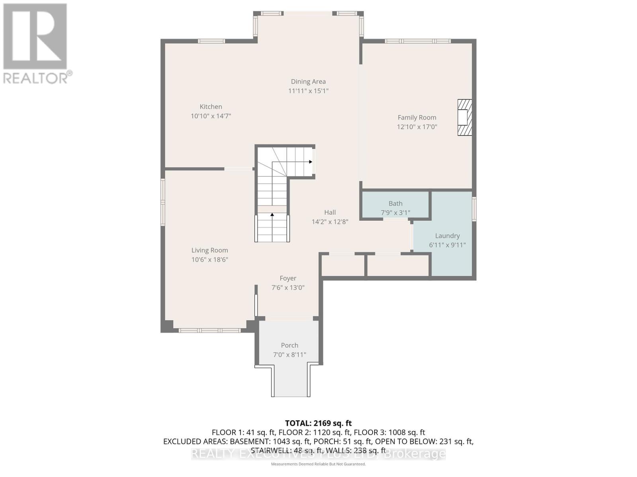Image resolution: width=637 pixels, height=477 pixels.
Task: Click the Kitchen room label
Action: [211, 107]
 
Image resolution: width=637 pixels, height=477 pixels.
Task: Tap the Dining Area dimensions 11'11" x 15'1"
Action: [308, 91]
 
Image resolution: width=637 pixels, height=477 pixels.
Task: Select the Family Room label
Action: [417, 117]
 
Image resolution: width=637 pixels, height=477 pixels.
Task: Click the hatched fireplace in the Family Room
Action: [464, 118]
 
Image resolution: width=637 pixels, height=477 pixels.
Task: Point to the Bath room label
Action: [395, 204]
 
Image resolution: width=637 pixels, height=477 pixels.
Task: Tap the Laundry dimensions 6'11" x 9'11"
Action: [447, 245]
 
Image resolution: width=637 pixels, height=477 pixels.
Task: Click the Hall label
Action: [330, 212]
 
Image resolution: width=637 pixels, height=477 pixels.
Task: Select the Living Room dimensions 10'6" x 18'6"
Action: [209, 260]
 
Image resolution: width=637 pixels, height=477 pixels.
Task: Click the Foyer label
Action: [288, 278]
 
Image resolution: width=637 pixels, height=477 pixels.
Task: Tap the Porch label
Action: [289, 345]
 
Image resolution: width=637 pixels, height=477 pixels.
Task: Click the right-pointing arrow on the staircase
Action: [310, 162]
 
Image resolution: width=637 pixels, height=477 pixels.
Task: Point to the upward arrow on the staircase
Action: [272, 215]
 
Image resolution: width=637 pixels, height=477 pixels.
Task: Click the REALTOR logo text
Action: [37, 77]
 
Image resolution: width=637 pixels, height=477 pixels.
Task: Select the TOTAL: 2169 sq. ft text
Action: [318, 423]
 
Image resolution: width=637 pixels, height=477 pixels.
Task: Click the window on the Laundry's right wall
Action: [474, 209]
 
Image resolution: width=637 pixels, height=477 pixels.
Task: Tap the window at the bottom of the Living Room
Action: [209, 330]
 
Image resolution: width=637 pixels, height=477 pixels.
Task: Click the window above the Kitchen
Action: [211, 41]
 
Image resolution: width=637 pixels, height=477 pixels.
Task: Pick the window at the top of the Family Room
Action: [417, 41]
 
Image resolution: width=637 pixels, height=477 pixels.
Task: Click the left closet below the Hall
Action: [343, 265]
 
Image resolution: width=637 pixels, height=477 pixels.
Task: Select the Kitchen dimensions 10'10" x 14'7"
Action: [211, 116]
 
